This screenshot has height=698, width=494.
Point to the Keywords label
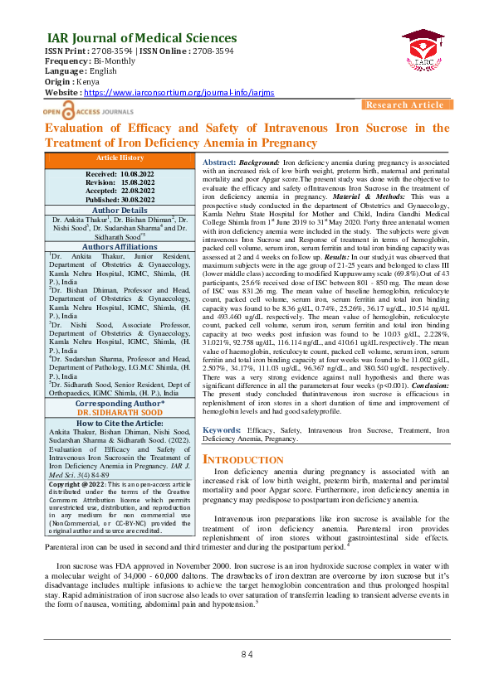(223, 431)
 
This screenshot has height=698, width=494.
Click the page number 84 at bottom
(247, 677)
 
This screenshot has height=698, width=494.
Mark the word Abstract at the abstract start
(218, 162)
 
